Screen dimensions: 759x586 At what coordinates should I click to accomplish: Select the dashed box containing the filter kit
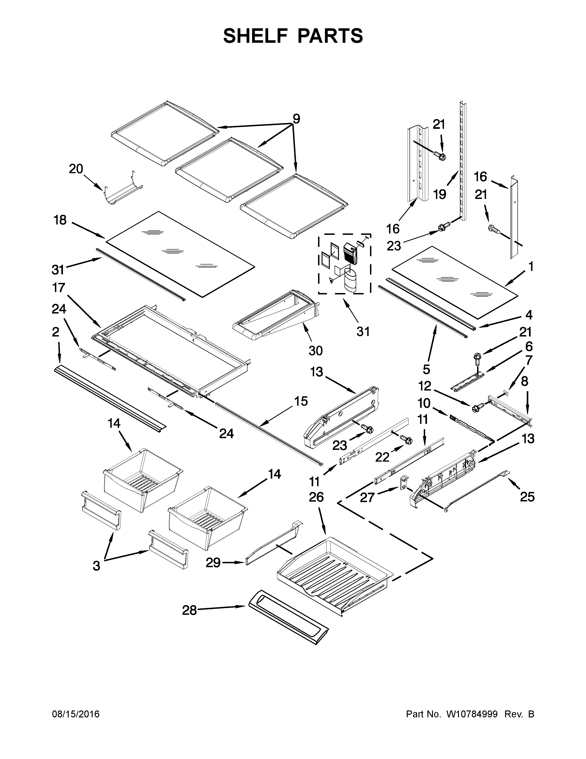click(x=344, y=264)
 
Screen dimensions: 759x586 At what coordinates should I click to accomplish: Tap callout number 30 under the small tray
click(x=316, y=351)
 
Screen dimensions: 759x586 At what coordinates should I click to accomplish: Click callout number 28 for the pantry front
click(x=190, y=610)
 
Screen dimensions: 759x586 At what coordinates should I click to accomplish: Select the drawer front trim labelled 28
click(x=288, y=616)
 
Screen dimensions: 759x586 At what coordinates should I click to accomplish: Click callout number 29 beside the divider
click(x=213, y=562)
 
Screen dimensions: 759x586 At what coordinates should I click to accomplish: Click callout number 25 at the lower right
click(x=527, y=497)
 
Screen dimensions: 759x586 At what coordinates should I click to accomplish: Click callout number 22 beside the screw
click(x=382, y=457)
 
